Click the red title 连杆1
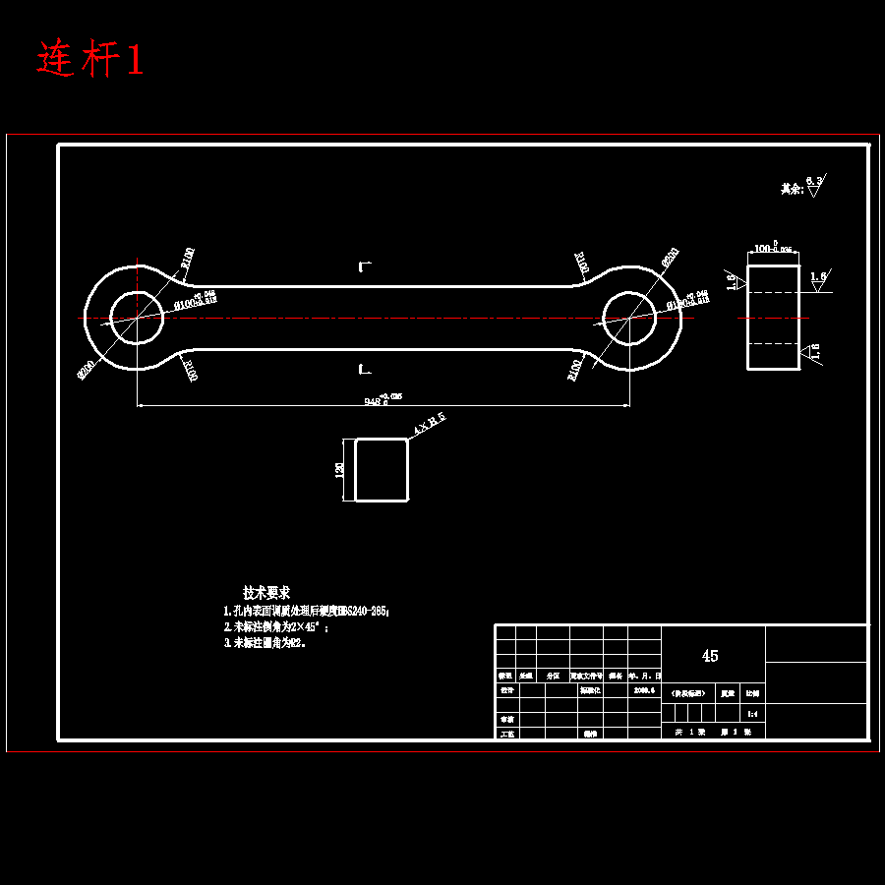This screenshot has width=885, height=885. click(x=90, y=60)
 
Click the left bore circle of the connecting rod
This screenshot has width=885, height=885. click(x=137, y=318)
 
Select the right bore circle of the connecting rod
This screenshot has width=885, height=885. click(x=628, y=318)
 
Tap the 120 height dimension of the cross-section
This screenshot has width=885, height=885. click(x=340, y=470)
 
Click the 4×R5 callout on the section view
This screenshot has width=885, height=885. click(x=430, y=424)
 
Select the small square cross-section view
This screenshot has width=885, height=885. click(x=381, y=470)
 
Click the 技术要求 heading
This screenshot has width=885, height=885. click(x=266, y=593)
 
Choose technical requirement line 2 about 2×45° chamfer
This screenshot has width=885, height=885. click(x=276, y=626)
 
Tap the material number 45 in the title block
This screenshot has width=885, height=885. click(x=710, y=656)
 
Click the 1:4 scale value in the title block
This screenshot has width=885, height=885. click(x=752, y=713)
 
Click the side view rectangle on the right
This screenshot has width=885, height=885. click(x=773, y=317)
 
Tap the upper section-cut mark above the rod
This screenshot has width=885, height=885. click(x=364, y=266)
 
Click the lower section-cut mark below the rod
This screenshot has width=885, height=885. click(x=364, y=369)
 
